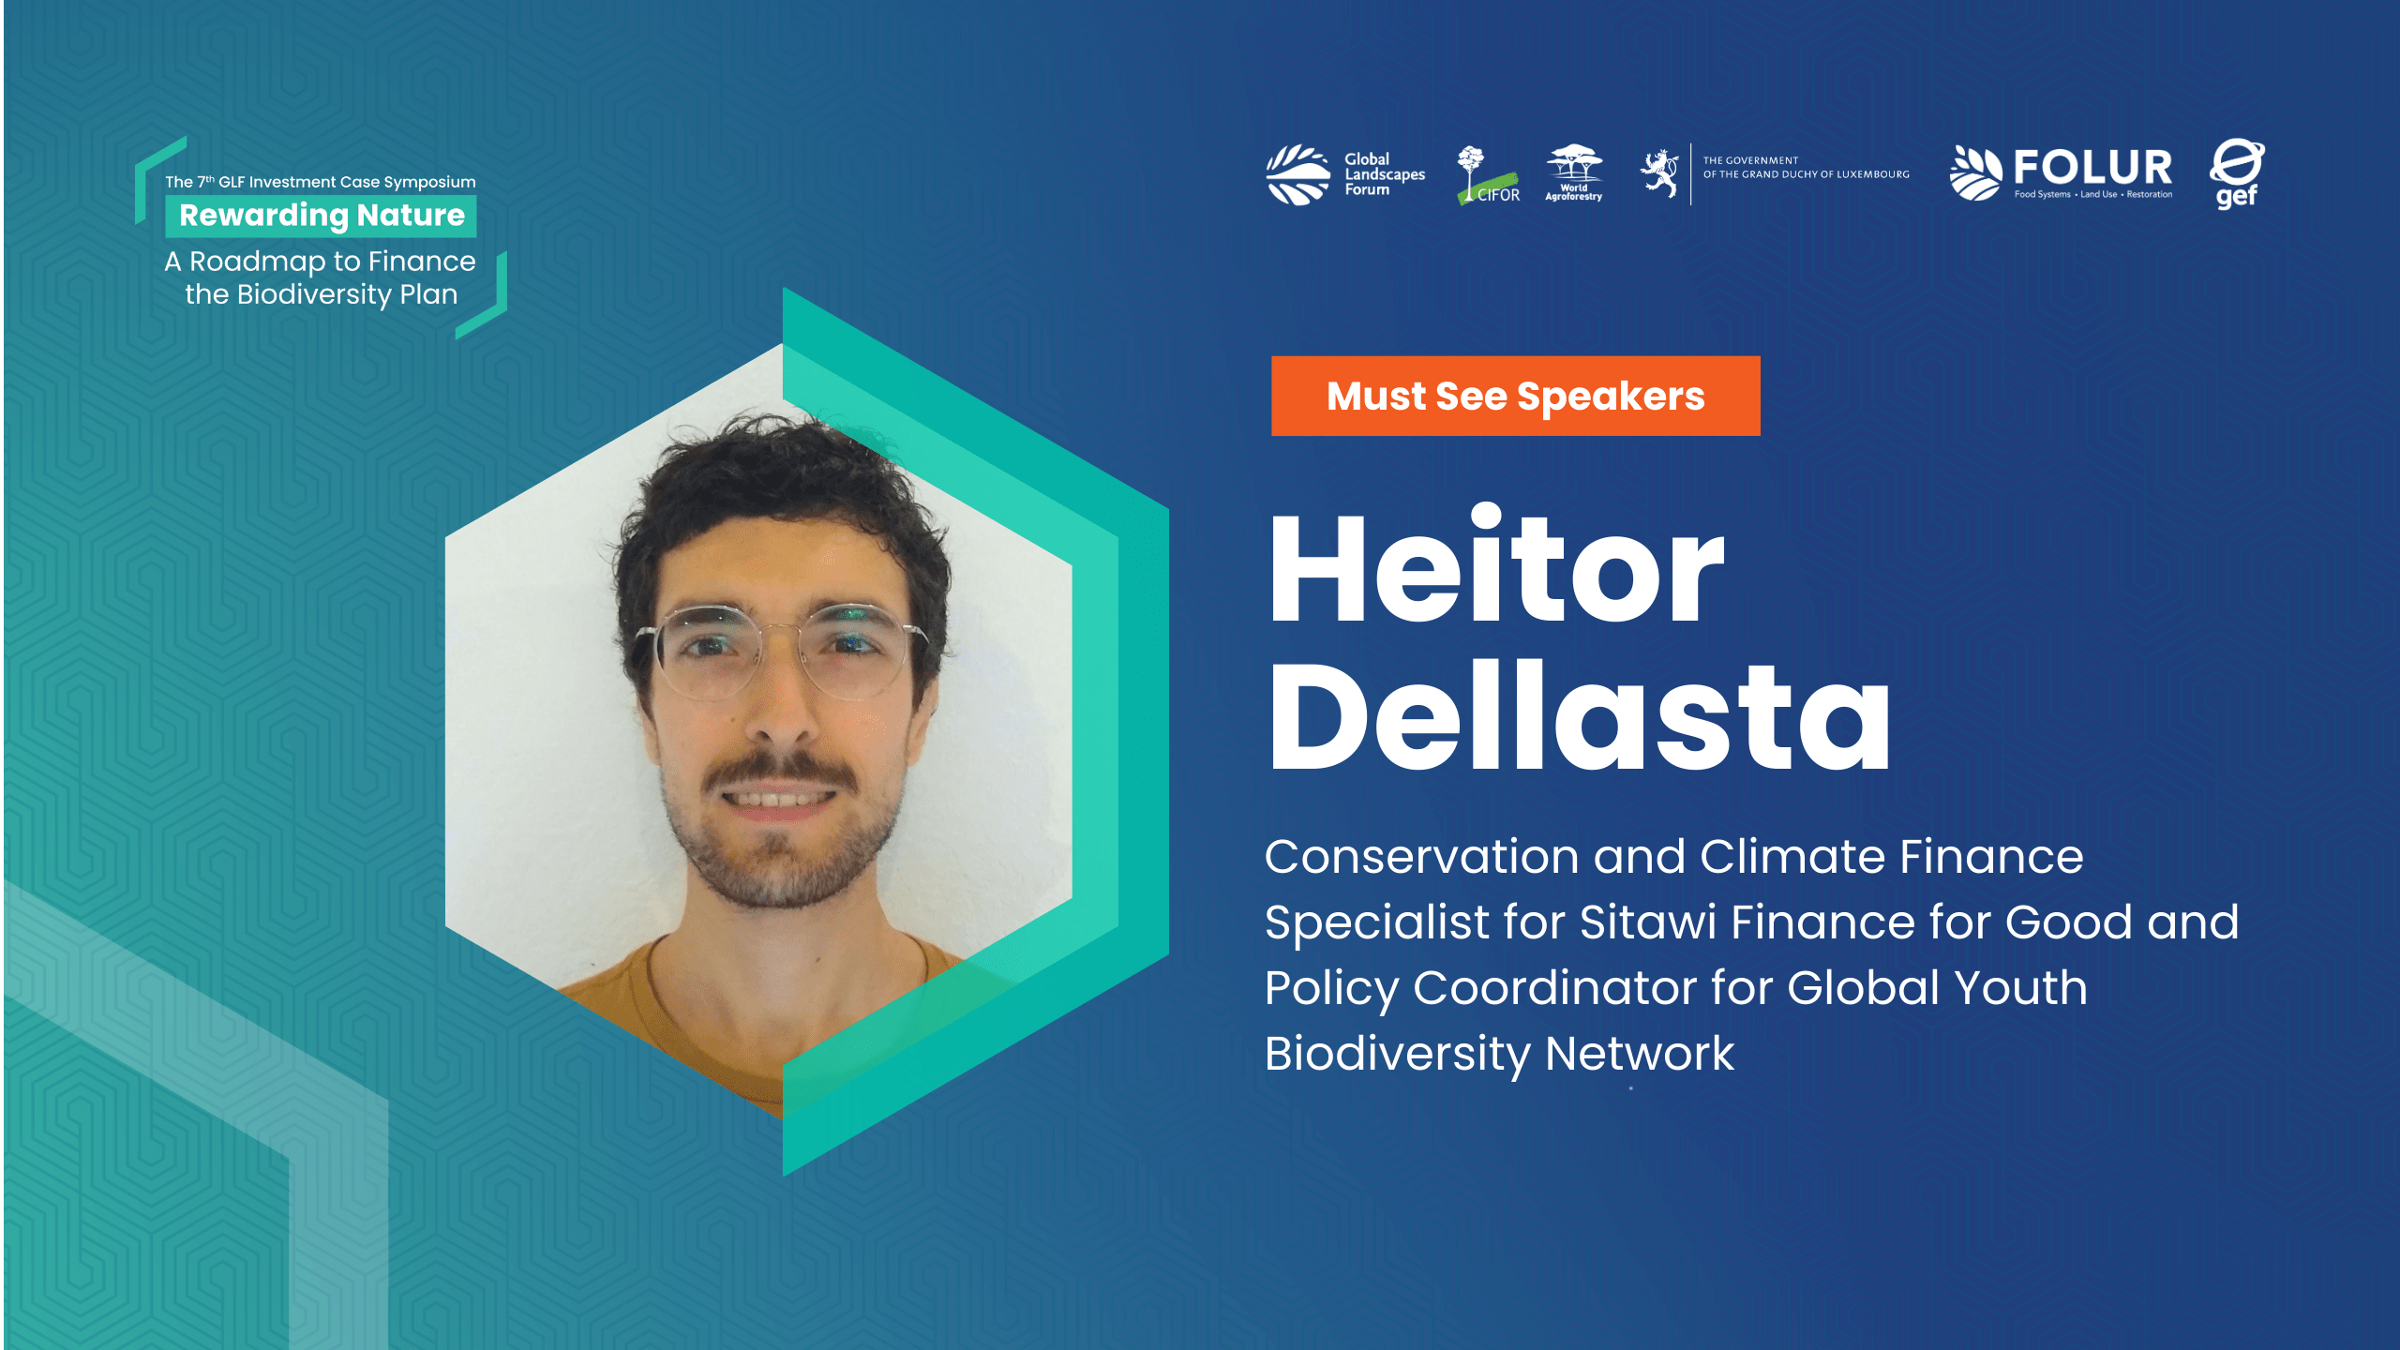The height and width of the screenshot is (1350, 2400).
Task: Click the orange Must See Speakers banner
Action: click(1515, 396)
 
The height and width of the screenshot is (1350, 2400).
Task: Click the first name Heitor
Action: click(1496, 565)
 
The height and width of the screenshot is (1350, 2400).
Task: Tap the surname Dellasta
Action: click(1580, 714)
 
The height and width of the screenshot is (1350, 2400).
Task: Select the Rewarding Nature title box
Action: click(321, 216)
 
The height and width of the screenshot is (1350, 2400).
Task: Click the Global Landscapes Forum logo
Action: click(1345, 174)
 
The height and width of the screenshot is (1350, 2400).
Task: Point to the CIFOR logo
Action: click(1488, 175)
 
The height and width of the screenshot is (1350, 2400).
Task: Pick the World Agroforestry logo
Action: click(1574, 173)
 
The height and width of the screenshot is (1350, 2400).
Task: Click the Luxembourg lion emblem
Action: click(1659, 173)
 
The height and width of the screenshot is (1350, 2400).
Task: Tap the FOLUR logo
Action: click(2061, 173)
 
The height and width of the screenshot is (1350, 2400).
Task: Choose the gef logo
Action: click(2237, 174)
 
